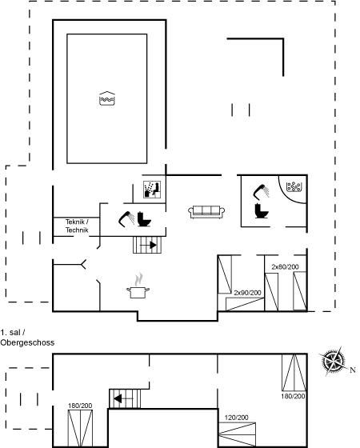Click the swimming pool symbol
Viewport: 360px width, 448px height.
click(x=107, y=98)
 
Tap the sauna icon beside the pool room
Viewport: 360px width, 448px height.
click(x=152, y=190)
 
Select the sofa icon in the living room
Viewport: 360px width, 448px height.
click(x=206, y=212)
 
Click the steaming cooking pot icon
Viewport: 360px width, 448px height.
click(x=138, y=286)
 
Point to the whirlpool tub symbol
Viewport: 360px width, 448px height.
click(x=294, y=187)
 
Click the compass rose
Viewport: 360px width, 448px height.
click(x=332, y=361)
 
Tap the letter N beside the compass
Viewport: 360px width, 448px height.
click(x=353, y=370)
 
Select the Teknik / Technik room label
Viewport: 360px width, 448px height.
click(x=77, y=226)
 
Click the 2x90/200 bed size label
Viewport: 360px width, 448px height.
click(x=247, y=293)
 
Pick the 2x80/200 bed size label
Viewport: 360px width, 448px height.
click(x=285, y=267)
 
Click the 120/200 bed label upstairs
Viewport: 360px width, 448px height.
click(x=236, y=418)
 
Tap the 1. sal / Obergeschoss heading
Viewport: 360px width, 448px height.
click(x=27, y=338)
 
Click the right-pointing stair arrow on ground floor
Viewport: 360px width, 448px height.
click(x=148, y=245)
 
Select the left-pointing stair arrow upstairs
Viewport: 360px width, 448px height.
click(x=123, y=398)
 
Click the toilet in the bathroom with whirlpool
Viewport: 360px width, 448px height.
click(x=262, y=210)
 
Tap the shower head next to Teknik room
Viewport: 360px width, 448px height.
click(x=126, y=218)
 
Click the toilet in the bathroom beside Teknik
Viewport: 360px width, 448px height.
click(x=144, y=219)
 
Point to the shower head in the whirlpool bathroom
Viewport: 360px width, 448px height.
click(x=261, y=192)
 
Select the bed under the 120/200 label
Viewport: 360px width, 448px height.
click(x=237, y=434)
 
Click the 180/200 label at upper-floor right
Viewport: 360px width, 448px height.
click(x=293, y=396)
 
